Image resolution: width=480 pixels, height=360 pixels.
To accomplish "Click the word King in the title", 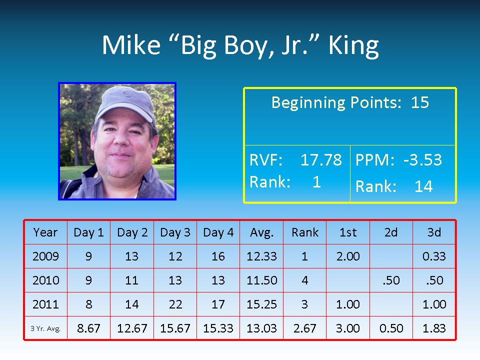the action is click(353, 46).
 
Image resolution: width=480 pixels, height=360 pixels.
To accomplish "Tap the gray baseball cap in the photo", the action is click(124, 103).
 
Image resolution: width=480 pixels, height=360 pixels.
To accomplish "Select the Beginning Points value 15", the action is click(419, 102).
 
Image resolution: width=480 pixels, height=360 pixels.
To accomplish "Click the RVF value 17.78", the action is click(321, 160).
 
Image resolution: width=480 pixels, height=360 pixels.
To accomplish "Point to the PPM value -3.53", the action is click(422, 160).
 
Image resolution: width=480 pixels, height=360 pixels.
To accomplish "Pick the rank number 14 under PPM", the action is click(423, 186).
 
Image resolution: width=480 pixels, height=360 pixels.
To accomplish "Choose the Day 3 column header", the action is click(175, 232).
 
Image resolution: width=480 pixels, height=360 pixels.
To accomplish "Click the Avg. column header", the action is click(261, 232).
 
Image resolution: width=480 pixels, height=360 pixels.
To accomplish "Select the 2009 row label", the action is click(45, 256).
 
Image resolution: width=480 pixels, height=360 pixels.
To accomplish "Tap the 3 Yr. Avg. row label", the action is click(45, 329).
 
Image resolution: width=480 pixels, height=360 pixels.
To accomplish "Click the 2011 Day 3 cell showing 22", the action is click(175, 304).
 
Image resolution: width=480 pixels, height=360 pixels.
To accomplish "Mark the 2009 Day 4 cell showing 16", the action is click(218, 256).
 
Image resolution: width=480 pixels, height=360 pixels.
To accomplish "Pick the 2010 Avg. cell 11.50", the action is click(261, 280).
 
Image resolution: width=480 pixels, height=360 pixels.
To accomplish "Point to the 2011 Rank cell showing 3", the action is click(304, 304).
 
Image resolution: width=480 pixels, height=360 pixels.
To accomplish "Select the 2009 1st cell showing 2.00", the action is click(348, 256).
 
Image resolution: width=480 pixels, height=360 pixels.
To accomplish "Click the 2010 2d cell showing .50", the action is click(391, 280).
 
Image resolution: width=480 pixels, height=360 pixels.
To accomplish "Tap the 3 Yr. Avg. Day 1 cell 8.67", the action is click(88, 328).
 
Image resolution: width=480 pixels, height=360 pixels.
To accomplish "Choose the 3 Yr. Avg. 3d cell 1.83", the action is click(434, 328).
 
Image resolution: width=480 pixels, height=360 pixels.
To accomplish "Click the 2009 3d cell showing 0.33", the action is click(434, 256).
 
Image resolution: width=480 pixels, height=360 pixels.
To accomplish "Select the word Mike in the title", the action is click(131, 45).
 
